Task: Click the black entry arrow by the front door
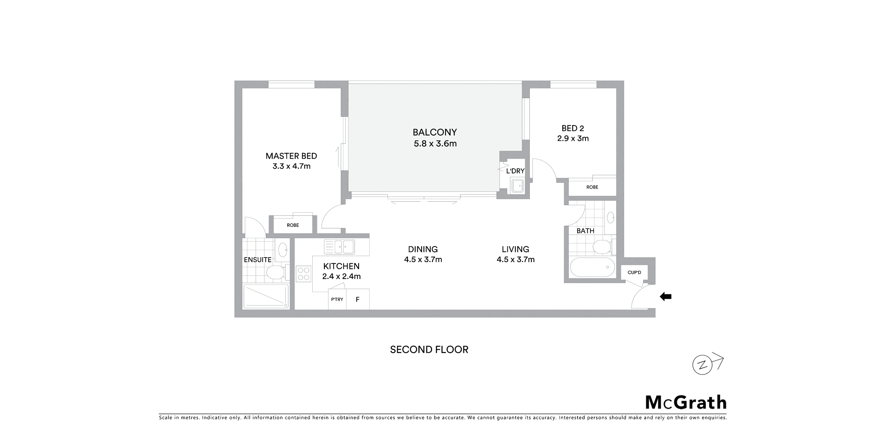666,297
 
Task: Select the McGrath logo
686,402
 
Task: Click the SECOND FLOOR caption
429,350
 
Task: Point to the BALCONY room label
435,132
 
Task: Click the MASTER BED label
291,156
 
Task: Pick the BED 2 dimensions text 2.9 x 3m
573,138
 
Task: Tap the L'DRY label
515,171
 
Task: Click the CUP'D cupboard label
634,272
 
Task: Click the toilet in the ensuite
276,272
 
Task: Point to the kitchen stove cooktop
304,274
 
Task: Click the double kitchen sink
339,247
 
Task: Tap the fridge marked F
357,300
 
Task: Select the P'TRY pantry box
337,300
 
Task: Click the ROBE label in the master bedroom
293,225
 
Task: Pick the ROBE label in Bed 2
592,187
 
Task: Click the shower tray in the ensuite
266,296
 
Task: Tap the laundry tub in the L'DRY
517,186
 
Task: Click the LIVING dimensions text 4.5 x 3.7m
516,259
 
